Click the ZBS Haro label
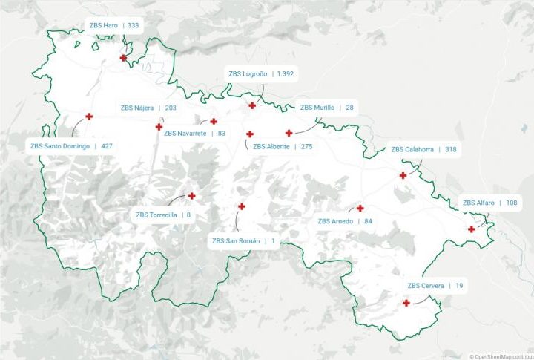coord(113,25)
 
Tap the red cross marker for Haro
coord(123,58)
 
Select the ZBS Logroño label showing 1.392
coord(261,74)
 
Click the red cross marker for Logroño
coord(252,105)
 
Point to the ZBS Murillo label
coord(326,108)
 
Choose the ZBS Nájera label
coord(148,108)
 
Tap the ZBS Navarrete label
coord(194,134)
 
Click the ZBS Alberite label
coord(283,147)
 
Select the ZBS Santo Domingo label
coord(71,146)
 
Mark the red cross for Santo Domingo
coord(89,117)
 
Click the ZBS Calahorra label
coord(423,149)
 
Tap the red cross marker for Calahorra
coord(403,176)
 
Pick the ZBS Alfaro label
coord(489,203)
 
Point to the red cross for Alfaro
coord(472,229)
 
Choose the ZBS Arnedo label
coord(345,221)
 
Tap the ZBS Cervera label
coord(435,286)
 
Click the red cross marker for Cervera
coord(406,303)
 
